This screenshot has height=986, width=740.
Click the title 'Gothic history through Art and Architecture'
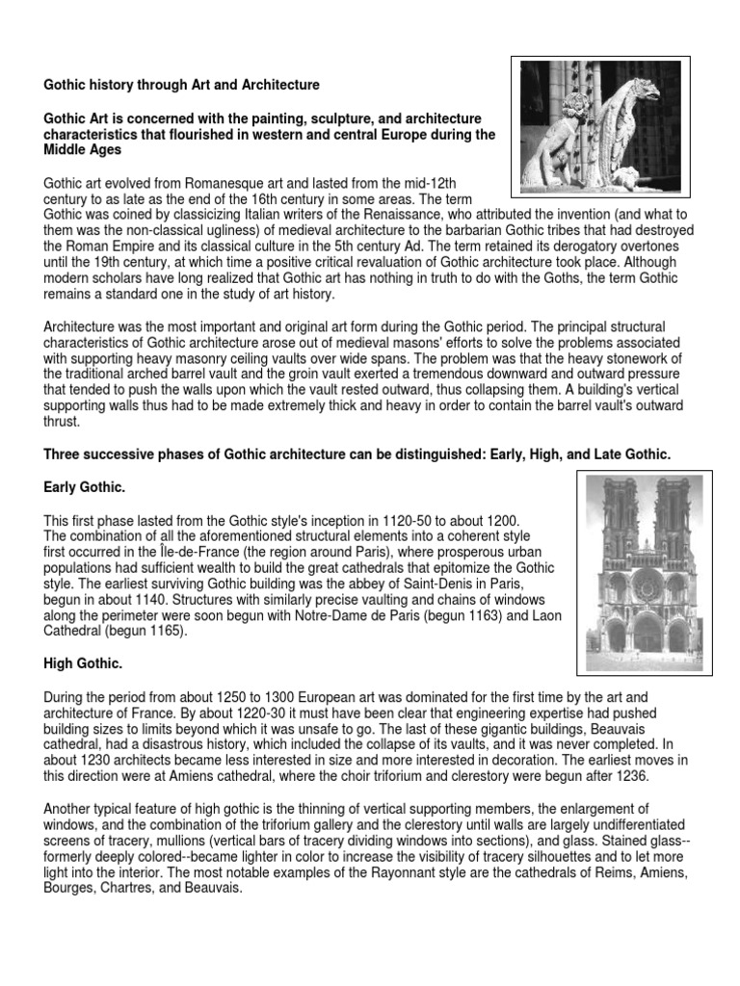point(181,86)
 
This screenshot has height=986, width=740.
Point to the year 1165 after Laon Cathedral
point(177,631)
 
